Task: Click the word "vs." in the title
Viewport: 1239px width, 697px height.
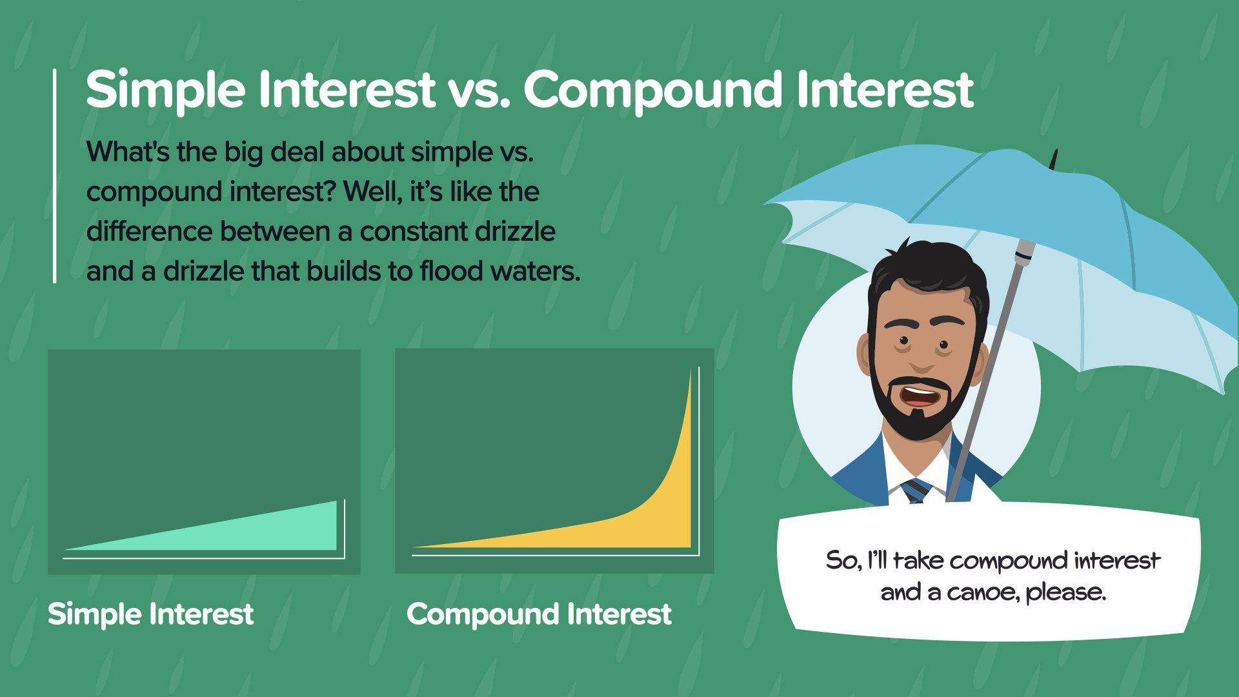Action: point(479,90)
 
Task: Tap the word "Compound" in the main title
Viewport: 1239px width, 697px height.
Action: point(654,90)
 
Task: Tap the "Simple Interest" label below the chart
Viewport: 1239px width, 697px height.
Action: point(150,614)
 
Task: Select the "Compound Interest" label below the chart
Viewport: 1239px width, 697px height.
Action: point(539,614)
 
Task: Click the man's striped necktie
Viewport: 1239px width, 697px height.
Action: point(916,490)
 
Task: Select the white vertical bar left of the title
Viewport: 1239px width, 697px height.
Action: point(55,176)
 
